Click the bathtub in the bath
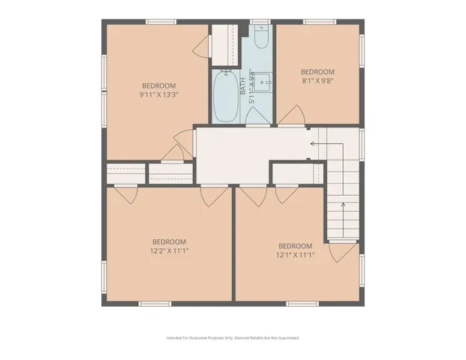(x=226, y=96)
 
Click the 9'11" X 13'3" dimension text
(x=159, y=95)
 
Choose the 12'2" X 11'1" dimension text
(x=170, y=251)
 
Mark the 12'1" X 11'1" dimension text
(x=295, y=256)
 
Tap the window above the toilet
(x=260, y=21)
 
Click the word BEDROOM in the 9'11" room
(x=159, y=85)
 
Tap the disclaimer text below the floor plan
(x=233, y=338)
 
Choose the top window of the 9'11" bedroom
(x=161, y=21)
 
